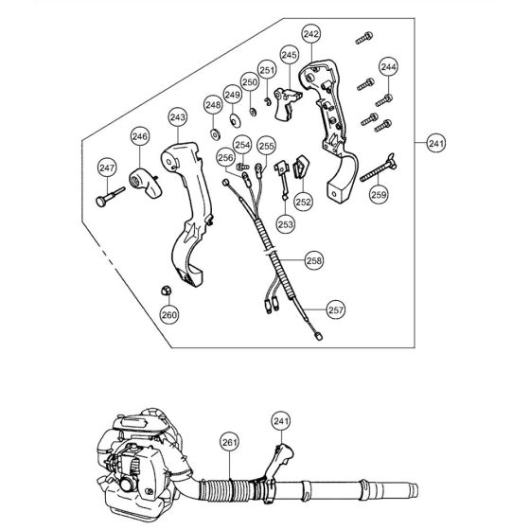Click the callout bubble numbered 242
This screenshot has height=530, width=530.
311,33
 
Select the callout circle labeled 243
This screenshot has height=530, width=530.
177,116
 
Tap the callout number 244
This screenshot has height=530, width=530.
389,67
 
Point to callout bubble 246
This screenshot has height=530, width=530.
140,137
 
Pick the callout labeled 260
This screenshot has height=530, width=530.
168,314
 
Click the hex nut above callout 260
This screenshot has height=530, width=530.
163,288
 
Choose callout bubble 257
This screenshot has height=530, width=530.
336,309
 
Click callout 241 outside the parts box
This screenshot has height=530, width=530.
435,143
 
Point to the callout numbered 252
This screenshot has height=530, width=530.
302,201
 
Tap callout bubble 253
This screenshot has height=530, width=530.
284,223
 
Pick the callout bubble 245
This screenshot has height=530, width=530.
290,56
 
